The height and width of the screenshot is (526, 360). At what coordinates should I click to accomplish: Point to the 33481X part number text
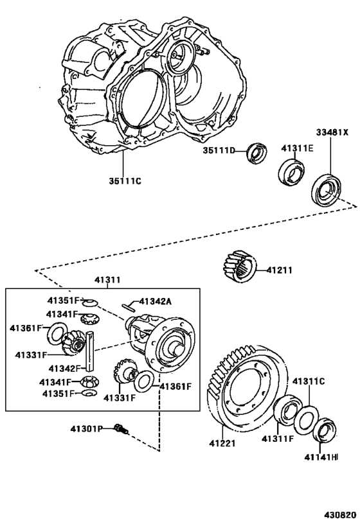pos(332,133)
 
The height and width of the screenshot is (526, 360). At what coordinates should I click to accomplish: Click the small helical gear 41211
pos(240,265)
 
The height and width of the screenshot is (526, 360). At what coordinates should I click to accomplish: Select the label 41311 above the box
pos(107,281)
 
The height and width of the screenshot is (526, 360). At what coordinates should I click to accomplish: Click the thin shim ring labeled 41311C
pos(305,416)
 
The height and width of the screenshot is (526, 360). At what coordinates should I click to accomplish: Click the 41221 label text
pos(222,443)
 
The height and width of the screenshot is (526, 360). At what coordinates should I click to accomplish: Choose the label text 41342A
pos(157,301)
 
